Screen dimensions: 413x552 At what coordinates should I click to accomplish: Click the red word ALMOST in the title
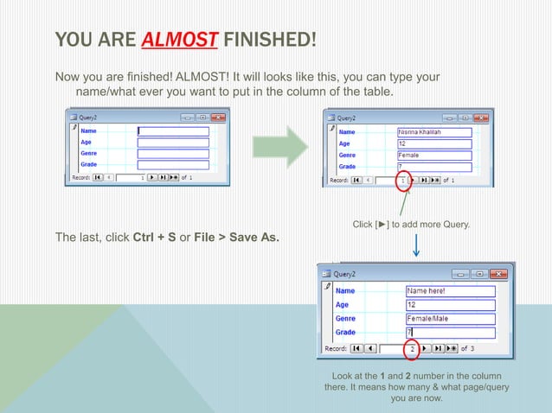pos(170,40)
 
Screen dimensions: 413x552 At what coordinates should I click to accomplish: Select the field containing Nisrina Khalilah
pos(433,132)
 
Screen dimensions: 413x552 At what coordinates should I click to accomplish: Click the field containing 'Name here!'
pos(450,291)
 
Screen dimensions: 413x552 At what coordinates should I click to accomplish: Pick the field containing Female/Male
pos(450,319)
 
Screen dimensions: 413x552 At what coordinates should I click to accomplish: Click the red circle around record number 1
pos(402,181)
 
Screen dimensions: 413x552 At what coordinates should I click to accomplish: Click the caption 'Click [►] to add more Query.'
pos(411,225)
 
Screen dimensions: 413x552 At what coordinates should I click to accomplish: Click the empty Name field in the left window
pos(173,131)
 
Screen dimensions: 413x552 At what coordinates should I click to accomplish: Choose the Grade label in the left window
pos(88,164)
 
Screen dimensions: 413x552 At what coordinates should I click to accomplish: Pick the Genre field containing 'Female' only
pos(433,155)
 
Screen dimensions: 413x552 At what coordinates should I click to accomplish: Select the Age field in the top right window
pos(433,143)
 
